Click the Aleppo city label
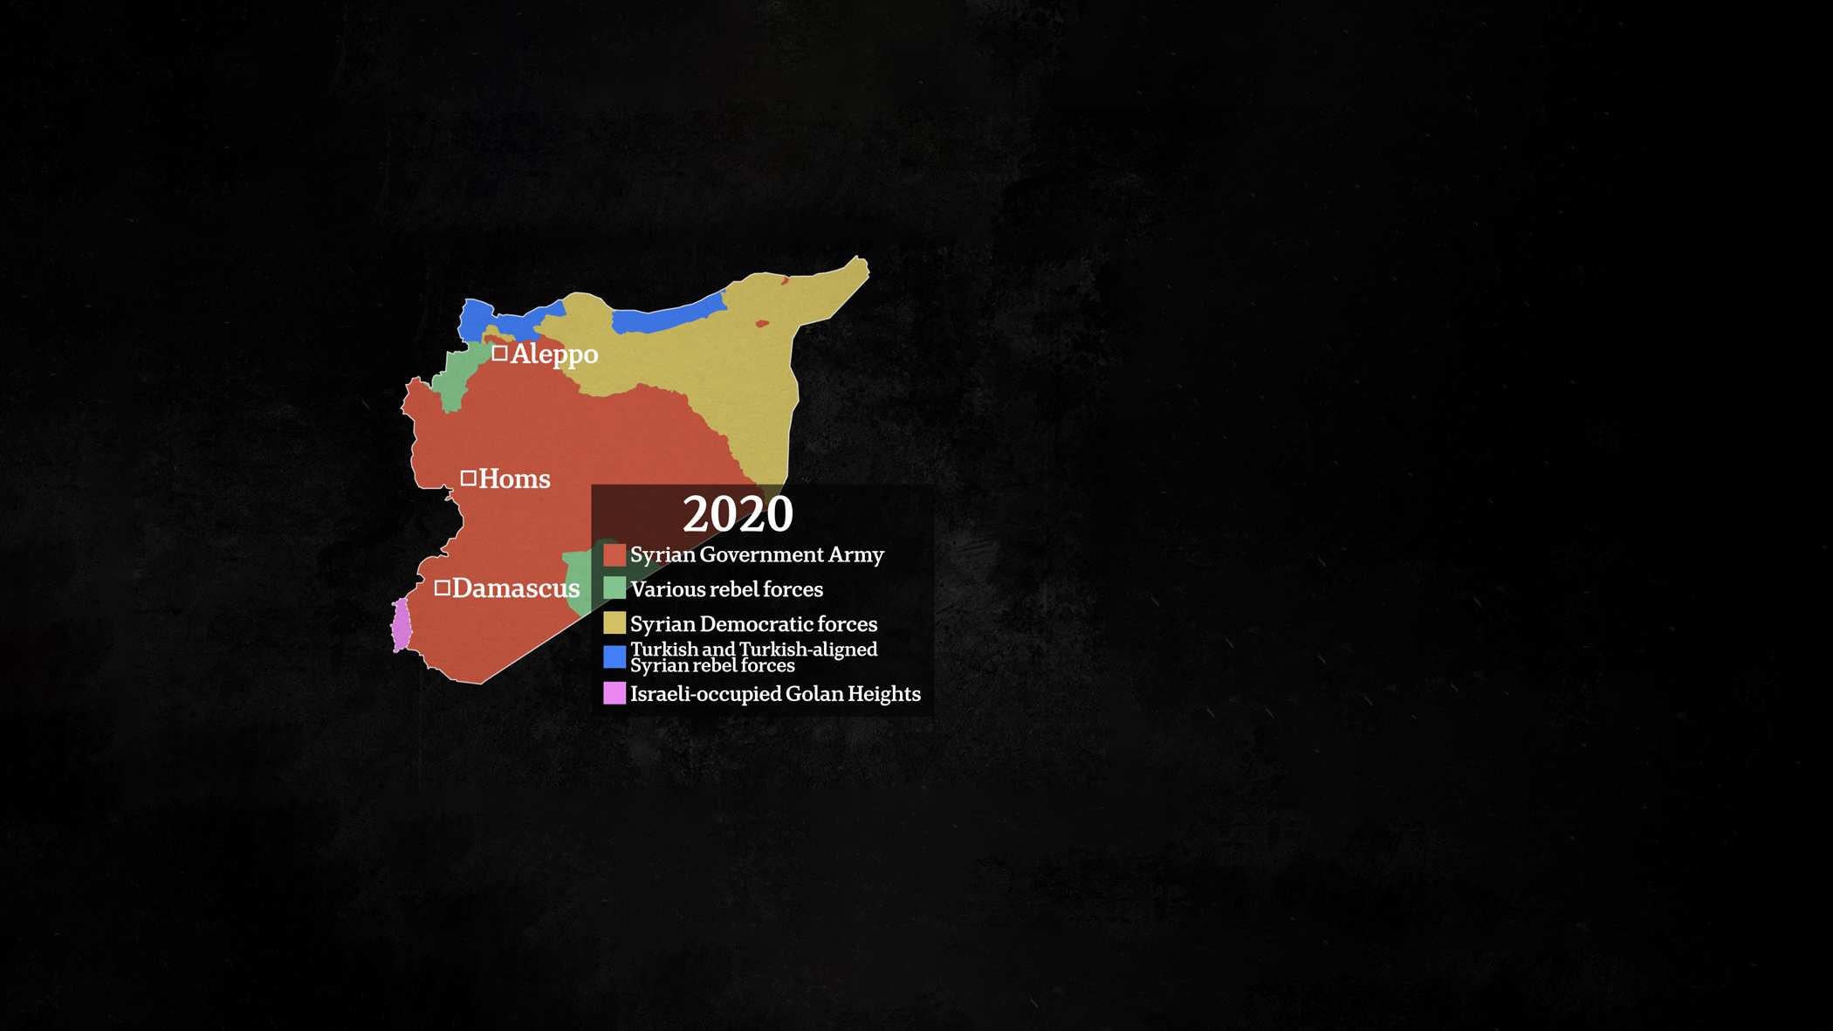(x=554, y=354)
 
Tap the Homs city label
(x=514, y=479)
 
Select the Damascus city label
(x=516, y=588)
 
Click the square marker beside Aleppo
(x=499, y=353)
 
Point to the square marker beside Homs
(x=469, y=478)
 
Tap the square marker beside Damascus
(x=443, y=588)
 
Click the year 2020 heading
(x=738, y=514)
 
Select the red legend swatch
(x=614, y=555)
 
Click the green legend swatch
(x=614, y=588)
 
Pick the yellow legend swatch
(x=614, y=623)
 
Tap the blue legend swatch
(x=614, y=656)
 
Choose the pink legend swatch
(x=614, y=693)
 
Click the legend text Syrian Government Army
(x=757, y=555)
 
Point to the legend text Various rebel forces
(x=726, y=589)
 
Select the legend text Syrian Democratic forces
(x=753, y=624)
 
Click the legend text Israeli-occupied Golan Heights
(x=775, y=694)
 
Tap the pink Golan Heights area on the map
(x=402, y=625)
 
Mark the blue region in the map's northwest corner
(x=477, y=318)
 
